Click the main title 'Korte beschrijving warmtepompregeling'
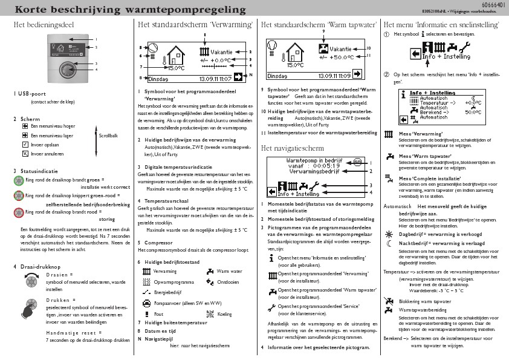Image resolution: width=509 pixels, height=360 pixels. [122, 10]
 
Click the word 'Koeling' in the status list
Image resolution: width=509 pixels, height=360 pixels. [224, 315]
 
